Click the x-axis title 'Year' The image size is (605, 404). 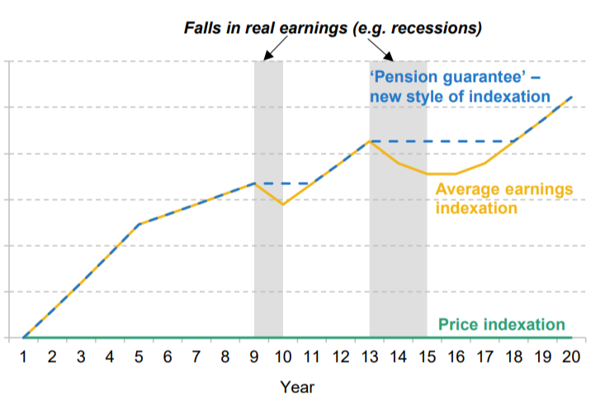click(x=296, y=386)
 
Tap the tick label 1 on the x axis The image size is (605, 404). click(x=23, y=357)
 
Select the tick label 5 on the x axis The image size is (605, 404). click(x=138, y=357)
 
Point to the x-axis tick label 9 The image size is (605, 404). click(x=253, y=357)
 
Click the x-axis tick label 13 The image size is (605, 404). click(x=369, y=357)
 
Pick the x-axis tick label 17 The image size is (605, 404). click(x=484, y=357)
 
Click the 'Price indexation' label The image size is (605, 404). click(x=501, y=325)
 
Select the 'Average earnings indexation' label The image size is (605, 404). click(x=503, y=199)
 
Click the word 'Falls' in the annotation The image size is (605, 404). click(x=202, y=28)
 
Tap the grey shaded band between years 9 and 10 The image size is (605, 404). click(x=268, y=248)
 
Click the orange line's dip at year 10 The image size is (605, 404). click(x=282, y=204)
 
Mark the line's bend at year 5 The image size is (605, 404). click(x=138, y=224)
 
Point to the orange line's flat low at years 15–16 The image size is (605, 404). click(x=442, y=173)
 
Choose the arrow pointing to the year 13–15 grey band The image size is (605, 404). click(x=382, y=50)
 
